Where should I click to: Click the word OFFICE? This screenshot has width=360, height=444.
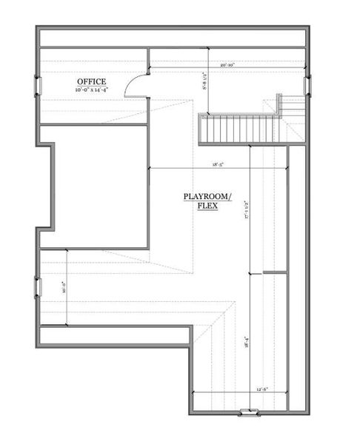tap(91, 81)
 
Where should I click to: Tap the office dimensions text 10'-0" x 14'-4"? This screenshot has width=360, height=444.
tap(91, 90)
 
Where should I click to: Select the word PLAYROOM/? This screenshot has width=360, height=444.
tap(207, 196)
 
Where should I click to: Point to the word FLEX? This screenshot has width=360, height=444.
tap(207, 206)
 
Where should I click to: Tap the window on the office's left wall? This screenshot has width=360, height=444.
tap(38, 87)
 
